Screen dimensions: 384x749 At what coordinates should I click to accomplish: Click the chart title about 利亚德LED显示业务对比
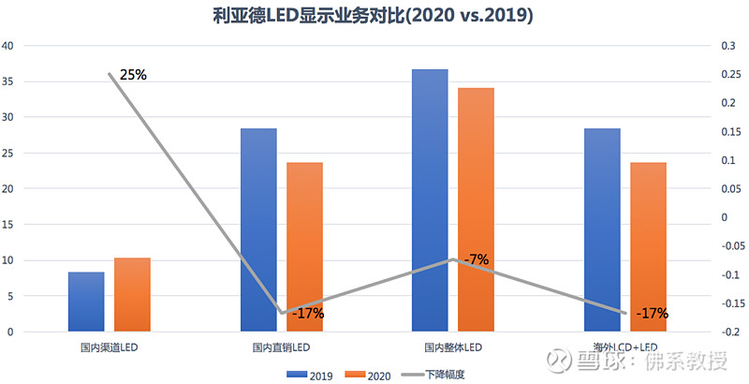coord(374,16)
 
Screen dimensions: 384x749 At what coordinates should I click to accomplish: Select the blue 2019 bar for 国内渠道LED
coord(86,302)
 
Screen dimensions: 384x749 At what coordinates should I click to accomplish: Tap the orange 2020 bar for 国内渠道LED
coord(132,294)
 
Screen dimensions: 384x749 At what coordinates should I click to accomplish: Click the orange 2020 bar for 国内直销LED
coord(304,247)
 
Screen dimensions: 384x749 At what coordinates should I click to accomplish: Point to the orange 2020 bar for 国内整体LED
coord(476,210)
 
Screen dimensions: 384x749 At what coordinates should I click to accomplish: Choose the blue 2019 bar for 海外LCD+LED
coord(602,229)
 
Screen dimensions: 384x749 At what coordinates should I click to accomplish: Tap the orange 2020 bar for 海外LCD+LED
coord(648,247)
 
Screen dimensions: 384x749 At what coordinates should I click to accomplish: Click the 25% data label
coord(133,74)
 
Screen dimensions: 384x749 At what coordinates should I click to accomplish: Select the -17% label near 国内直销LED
coord(307,314)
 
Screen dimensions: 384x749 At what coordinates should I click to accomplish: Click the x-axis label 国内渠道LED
coord(110,347)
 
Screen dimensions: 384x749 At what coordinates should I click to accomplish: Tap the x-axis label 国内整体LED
coord(453,347)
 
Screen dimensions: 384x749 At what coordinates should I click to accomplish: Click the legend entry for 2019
coord(309,374)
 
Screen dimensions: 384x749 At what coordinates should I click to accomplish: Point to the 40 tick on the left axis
coord(7,46)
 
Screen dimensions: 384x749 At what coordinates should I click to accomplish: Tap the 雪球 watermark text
coord(599,361)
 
